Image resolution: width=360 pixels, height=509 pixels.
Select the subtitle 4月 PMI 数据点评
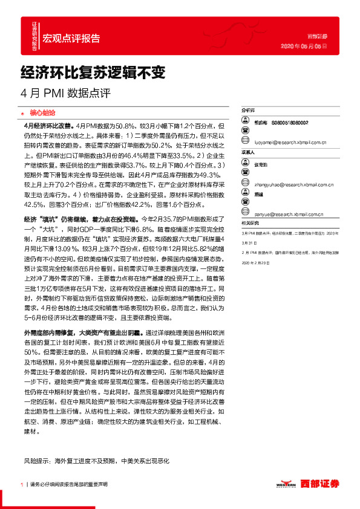pyautogui.click(x=66, y=94)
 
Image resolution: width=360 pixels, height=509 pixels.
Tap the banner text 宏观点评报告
pyautogui.click(x=71, y=39)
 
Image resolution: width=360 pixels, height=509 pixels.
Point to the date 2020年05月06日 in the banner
pyautogui.click(x=305, y=45)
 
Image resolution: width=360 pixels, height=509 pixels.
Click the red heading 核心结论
pyautogui.click(x=42, y=112)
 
